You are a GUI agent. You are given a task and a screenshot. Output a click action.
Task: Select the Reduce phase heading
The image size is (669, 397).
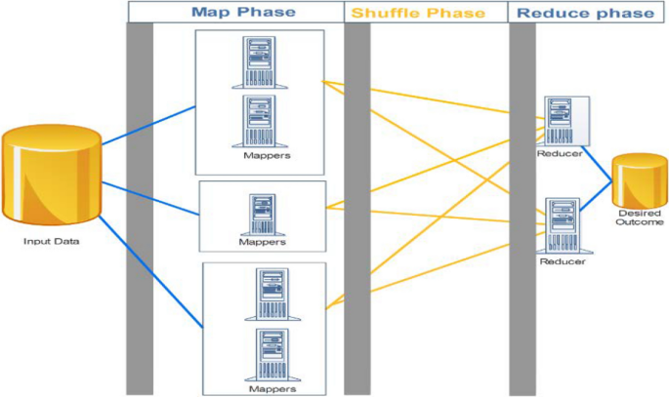pyautogui.click(x=585, y=13)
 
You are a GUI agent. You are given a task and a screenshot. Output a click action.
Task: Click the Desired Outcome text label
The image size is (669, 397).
pyautogui.click(x=641, y=218)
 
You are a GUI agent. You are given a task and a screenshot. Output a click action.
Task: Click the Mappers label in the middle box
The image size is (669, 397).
pyautogui.click(x=262, y=242)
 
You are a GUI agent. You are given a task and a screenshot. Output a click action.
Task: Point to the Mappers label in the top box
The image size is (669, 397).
pyautogui.click(x=261, y=155)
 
